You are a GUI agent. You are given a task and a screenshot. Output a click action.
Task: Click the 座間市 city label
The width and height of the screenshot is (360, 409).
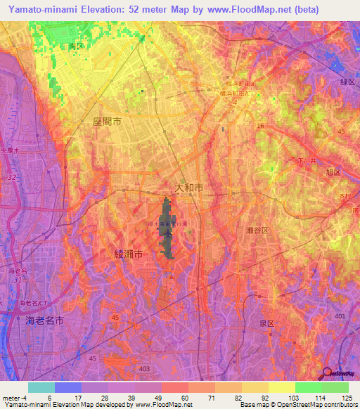107,122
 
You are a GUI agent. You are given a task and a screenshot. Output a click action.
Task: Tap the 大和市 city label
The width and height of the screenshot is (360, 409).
188,188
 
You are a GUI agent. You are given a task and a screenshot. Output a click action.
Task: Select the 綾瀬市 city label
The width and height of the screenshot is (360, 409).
129,255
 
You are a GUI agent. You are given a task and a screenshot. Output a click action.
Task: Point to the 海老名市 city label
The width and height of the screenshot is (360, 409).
45,320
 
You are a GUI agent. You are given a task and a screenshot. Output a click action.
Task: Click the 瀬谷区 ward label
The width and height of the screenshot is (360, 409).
259,231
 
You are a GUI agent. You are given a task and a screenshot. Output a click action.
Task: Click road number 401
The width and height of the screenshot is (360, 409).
341,317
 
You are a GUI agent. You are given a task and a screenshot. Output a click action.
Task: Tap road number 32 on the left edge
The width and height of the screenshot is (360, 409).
12,178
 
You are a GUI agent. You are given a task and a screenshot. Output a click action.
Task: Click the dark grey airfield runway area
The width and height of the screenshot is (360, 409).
167,232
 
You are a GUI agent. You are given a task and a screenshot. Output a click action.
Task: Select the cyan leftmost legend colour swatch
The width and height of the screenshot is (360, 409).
41,387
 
